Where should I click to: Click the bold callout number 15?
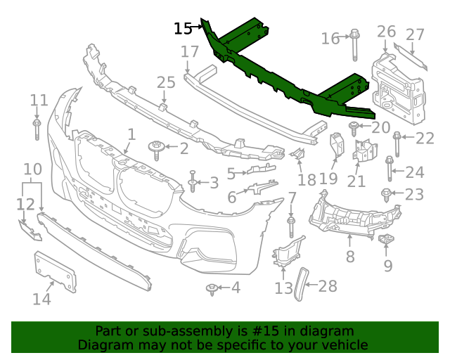tap(183, 29)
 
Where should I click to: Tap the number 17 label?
tap(190, 51)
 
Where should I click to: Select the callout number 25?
tap(166, 83)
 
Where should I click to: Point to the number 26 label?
tap(386, 32)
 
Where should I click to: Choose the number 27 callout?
tap(416, 34)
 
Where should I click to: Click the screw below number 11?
tap(37, 130)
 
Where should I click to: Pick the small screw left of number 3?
tap(192, 182)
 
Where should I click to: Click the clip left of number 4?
tap(210, 288)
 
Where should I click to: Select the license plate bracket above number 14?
tap(55, 272)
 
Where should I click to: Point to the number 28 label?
tap(328, 286)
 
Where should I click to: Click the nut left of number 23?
tap(386, 193)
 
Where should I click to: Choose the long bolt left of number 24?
tap(389, 169)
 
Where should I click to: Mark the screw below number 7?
tap(290, 226)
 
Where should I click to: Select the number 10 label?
tap(32, 169)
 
